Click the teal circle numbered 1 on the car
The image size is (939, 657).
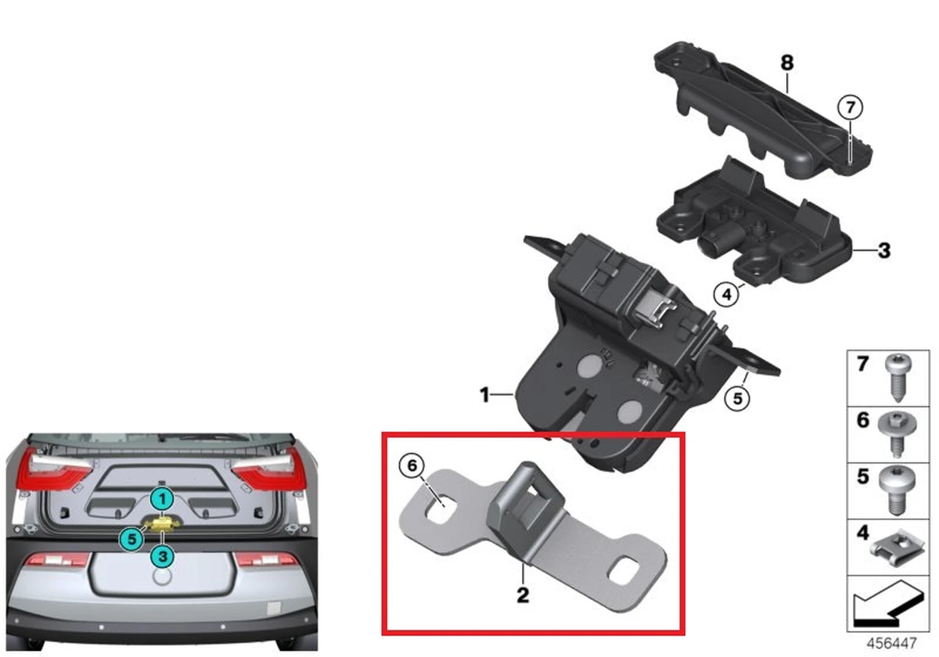point(161,498)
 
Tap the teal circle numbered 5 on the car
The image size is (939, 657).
point(131,537)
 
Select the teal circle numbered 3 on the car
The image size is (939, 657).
point(162,556)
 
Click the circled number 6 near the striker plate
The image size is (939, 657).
point(411,466)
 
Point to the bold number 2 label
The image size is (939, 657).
point(523,595)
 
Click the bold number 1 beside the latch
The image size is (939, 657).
point(485,395)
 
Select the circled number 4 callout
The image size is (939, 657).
point(726,295)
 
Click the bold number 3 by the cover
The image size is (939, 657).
point(883,251)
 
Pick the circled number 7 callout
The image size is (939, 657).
point(850,106)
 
